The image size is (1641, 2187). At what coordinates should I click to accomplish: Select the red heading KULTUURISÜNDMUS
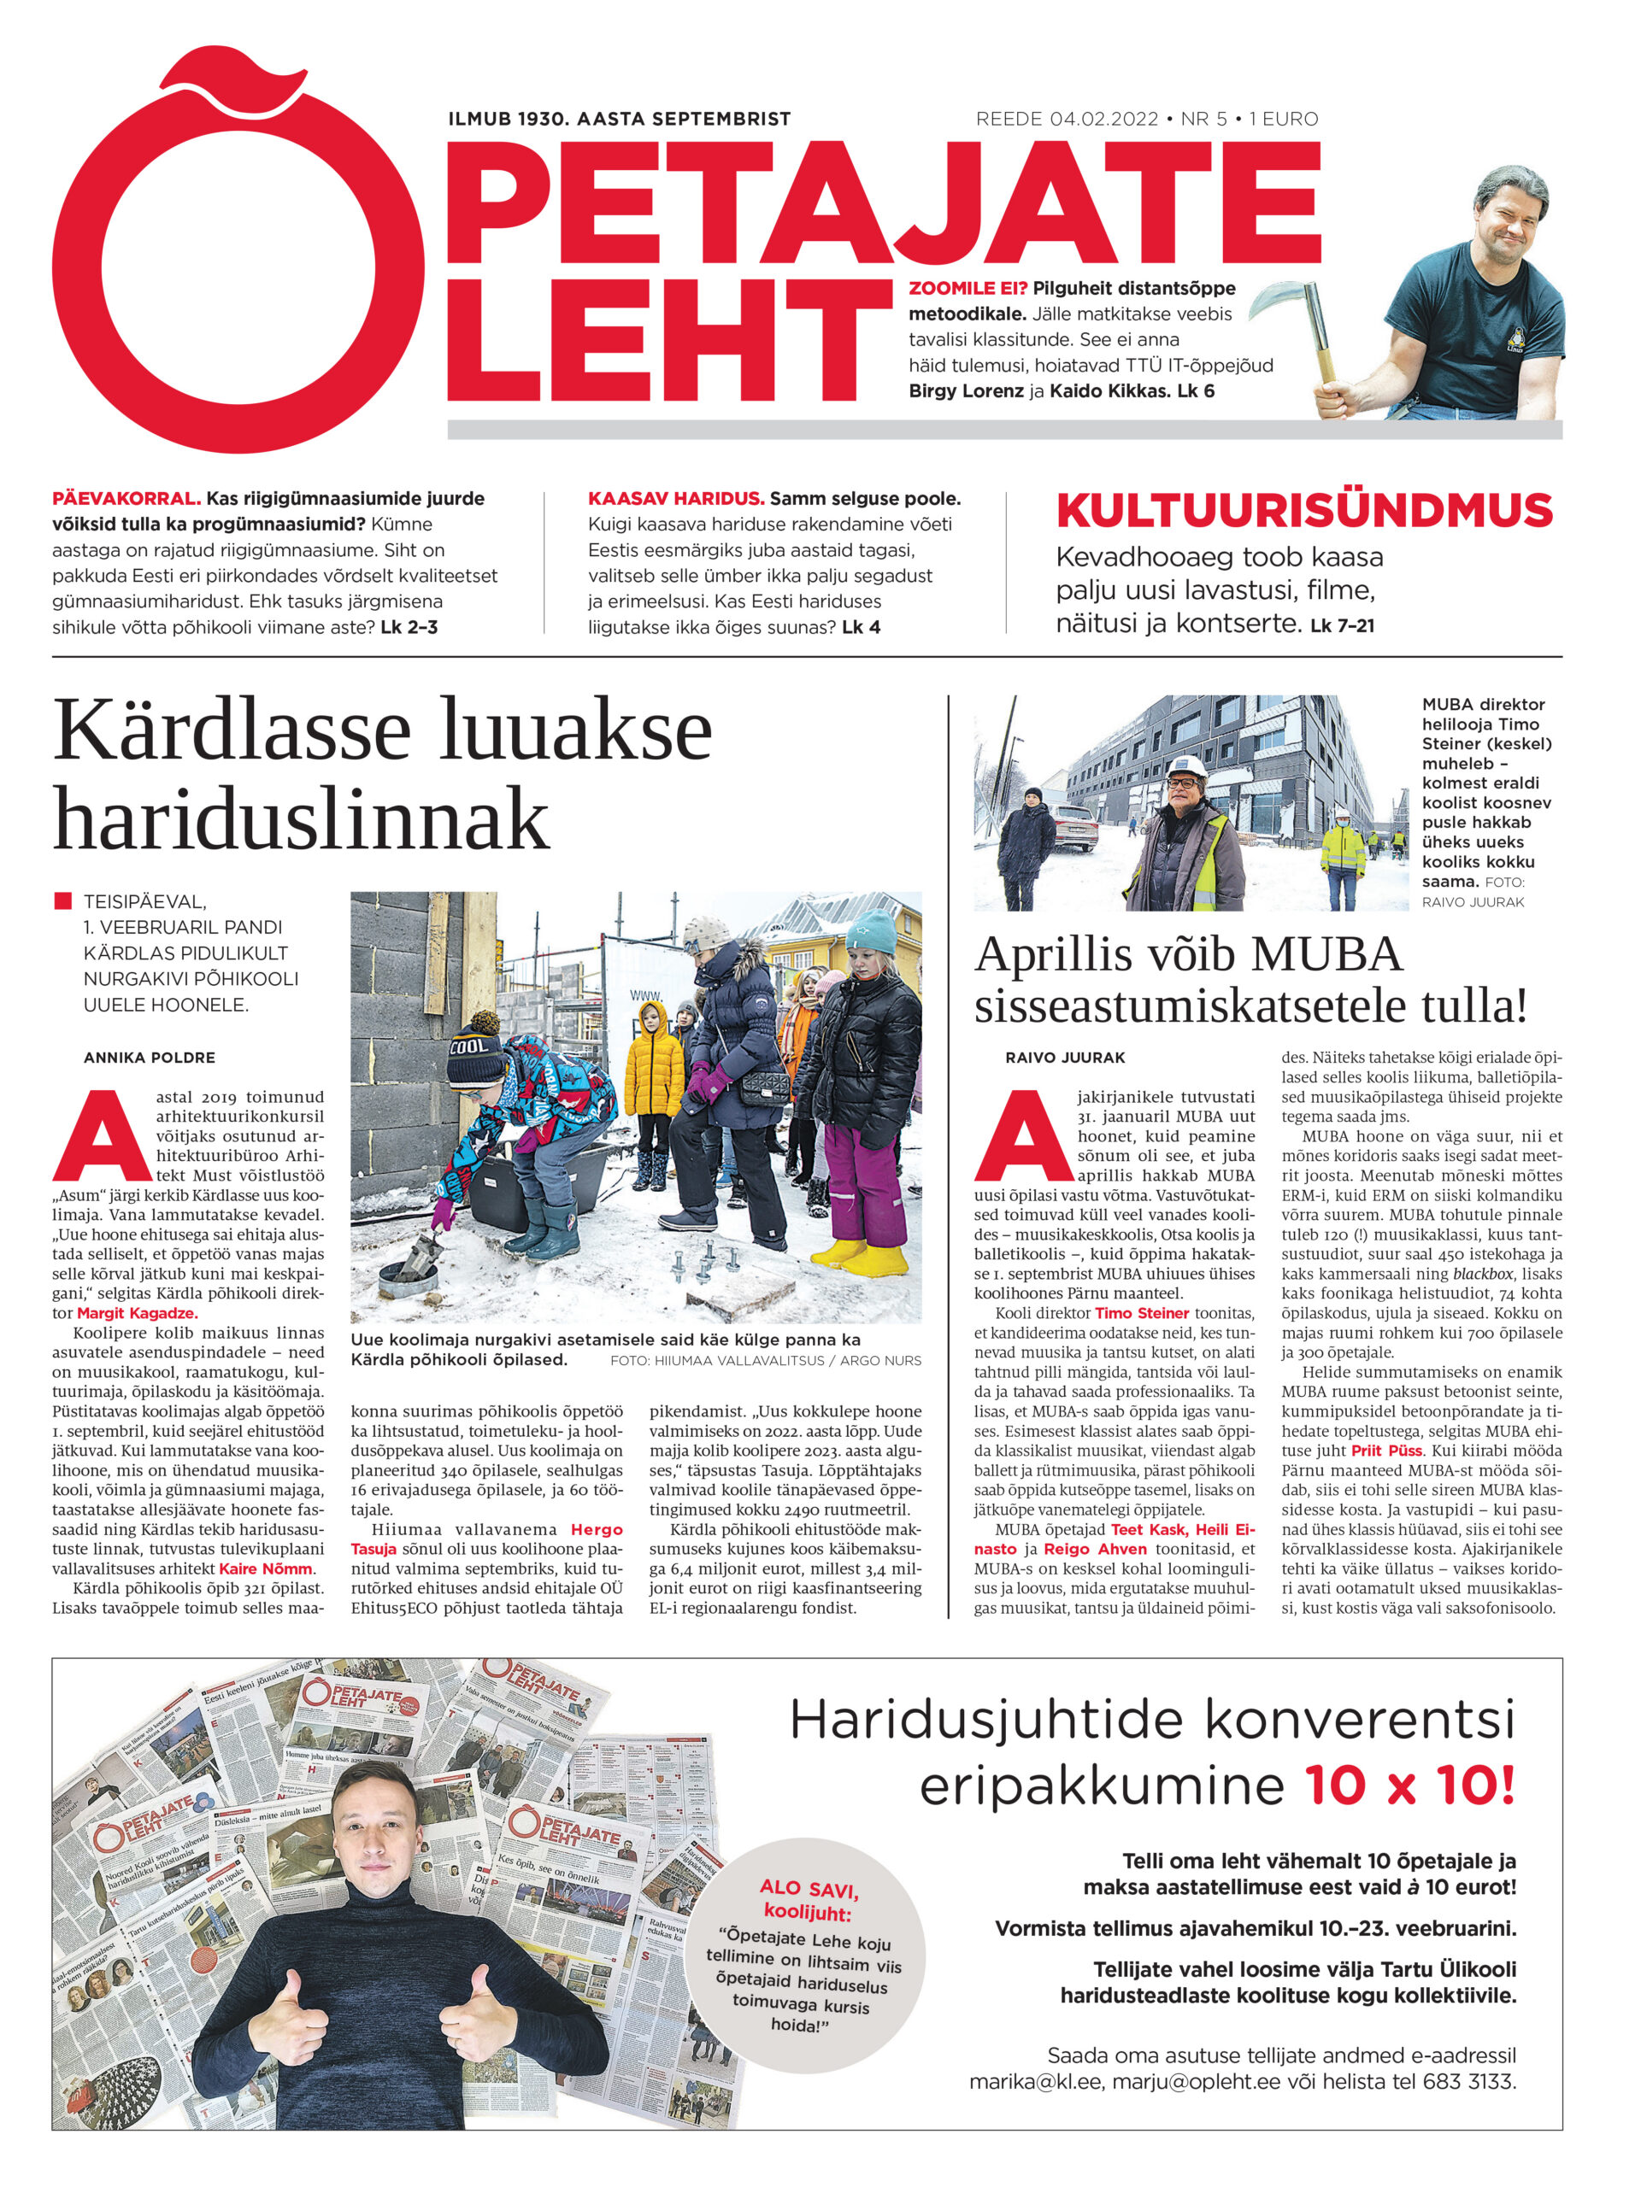click(1303, 511)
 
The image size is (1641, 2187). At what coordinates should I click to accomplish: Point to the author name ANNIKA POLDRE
click(150, 1057)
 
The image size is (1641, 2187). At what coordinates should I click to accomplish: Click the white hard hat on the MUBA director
click(1181, 765)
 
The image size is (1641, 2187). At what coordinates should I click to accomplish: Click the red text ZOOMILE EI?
click(968, 289)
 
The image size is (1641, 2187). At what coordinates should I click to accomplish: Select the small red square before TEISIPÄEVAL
click(63, 900)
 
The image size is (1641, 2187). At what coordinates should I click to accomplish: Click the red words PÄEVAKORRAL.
click(126, 498)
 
